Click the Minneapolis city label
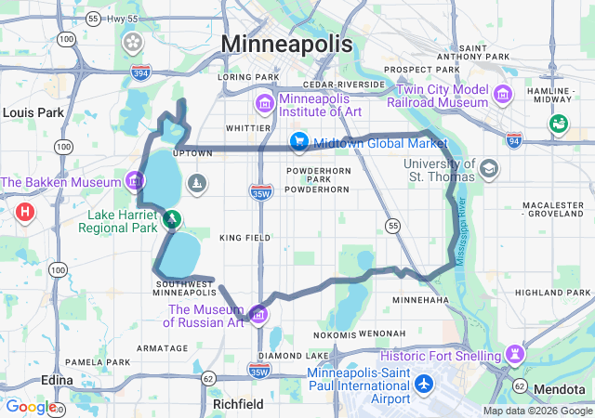pyautogui.click(x=287, y=44)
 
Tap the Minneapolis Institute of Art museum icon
pyautogui.click(x=265, y=99)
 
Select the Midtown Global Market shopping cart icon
pyautogui.click(x=298, y=142)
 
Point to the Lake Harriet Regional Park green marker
pyautogui.click(x=172, y=219)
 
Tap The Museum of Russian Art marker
pyautogui.click(x=258, y=312)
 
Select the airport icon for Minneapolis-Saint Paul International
pyautogui.click(x=425, y=382)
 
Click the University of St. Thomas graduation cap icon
pyautogui.click(x=489, y=170)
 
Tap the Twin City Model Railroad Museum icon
pyautogui.click(x=503, y=94)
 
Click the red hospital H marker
pyautogui.click(x=25, y=213)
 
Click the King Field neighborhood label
pyautogui.click(x=245, y=238)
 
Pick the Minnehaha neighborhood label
pyautogui.click(x=420, y=300)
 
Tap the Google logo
pyautogui.click(x=31, y=407)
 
